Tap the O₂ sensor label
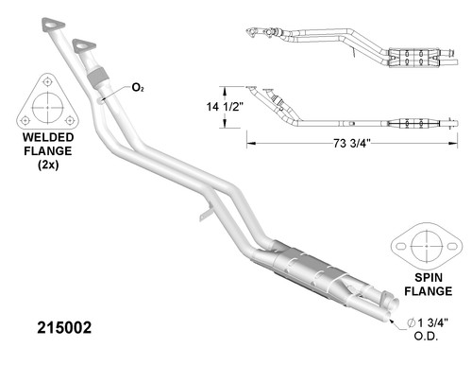[x=138, y=88]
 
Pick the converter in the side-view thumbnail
[x=413, y=123]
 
